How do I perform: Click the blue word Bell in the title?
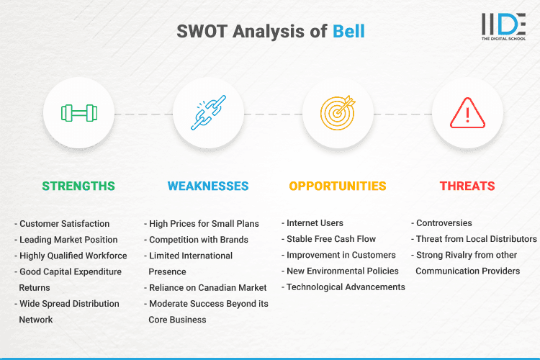348,32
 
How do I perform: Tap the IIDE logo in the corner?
503,26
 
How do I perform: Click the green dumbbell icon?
78,113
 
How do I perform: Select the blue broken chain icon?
208,113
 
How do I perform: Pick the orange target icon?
338,113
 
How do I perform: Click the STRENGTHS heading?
78,186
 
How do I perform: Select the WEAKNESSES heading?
208,186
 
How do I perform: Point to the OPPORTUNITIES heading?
338,186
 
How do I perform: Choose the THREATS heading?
467,186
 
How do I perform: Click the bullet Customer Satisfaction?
64,224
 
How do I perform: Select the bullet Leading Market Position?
68,240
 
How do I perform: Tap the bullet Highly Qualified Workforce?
73,256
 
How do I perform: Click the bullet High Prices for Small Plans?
204,224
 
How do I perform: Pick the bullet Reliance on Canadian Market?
207,287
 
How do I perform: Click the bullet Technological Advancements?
345,287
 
